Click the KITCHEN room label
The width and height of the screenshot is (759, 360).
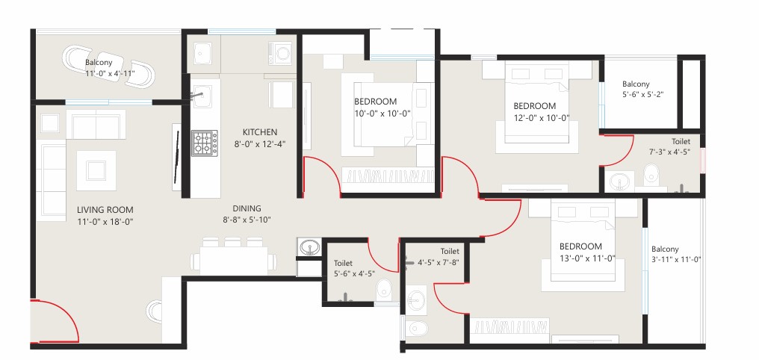pyautogui.click(x=260, y=132)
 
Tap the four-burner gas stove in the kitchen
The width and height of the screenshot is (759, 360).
pyautogui.click(x=204, y=143)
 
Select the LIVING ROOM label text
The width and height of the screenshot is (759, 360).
pyautogui.click(x=105, y=210)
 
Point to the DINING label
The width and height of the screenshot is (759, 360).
pyautogui.click(x=247, y=208)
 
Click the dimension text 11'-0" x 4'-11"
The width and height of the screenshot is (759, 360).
pyautogui.click(x=110, y=73)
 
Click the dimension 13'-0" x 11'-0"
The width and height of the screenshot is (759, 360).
pyautogui.click(x=587, y=258)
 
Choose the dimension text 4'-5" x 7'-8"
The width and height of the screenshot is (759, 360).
pyautogui.click(x=438, y=263)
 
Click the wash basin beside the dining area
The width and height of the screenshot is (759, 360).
pyautogui.click(x=309, y=247)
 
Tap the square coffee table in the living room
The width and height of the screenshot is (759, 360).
pyautogui.click(x=96, y=170)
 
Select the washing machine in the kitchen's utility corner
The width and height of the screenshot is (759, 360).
pyautogui.click(x=280, y=53)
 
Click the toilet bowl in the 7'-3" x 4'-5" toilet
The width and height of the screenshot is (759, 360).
pyautogui.click(x=651, y=174)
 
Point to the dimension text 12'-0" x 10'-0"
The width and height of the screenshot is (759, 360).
pyautogui.click(x=542, y=117)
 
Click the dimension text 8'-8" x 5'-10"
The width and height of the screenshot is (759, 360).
pyautogui.click(x=247, y=220)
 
